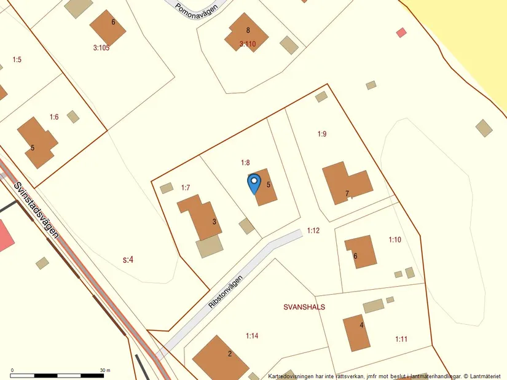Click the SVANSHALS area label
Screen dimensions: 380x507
click(304, 306)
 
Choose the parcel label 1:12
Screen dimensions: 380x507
click(313, 230)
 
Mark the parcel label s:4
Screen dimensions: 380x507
click(128, 260)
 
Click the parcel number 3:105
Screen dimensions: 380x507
click(101, 47)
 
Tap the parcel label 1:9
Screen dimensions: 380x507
click(322, 133)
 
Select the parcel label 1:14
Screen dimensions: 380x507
click(252, 336)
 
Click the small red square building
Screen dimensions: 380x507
click(401, 33)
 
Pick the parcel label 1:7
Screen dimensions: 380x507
click(186, 187)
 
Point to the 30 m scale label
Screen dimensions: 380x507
click(104, 370)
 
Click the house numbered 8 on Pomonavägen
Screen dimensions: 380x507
click(246, 31)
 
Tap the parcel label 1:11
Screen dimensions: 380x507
click(401, 339)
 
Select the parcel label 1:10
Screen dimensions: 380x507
click(395, 239)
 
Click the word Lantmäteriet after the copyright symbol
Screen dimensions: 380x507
click(489, 375)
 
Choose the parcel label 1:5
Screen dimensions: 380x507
click(17, 60)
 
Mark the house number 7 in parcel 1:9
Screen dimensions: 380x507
click(347, 193)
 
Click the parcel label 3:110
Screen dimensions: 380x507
click(247, 44)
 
